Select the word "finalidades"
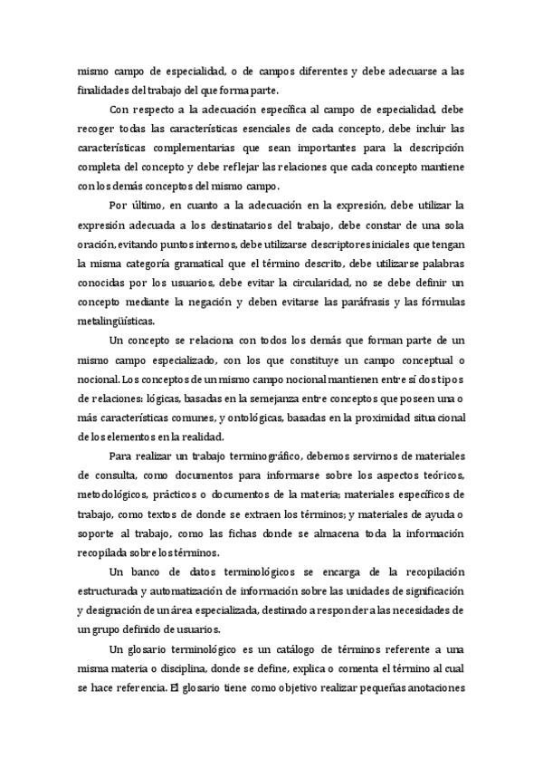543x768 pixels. (104, 90)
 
